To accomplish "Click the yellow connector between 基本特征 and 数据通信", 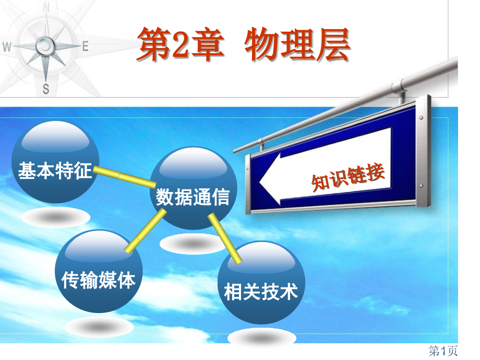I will click(124, 177).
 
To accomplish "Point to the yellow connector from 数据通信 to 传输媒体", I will click(141, 233).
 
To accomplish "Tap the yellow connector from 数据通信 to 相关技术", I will click(225, 237).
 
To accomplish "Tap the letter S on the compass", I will click(46, 89).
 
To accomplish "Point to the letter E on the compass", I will click(85, 46).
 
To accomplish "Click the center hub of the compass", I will click(46, 46).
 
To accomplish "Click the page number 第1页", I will click(443, 351).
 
